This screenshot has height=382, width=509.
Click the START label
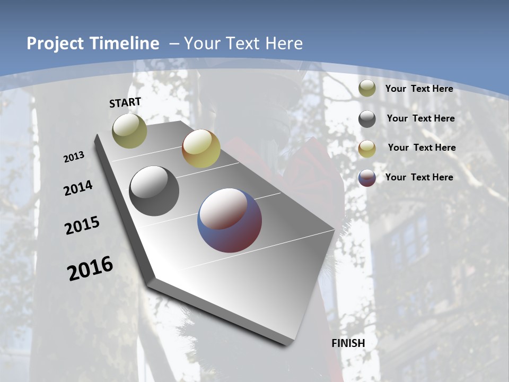tap(125, 102)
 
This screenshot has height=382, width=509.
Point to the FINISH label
tap(348, 343)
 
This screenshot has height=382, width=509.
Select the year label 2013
tap(74, 157)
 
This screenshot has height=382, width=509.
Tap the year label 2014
tap(78, 188)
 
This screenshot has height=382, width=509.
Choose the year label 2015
tap(82, 226)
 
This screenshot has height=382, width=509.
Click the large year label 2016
tap(90, 268)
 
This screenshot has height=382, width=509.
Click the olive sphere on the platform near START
tap(129, 131)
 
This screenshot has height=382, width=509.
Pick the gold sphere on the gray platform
tap(201, 149)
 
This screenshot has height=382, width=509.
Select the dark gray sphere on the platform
tap(154, 191)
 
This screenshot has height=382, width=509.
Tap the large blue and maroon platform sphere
tap(230, 220)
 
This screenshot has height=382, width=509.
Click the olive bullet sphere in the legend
tap(367, 89)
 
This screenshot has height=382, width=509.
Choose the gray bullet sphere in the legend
tap(367, 119)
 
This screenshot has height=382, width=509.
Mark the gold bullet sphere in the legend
tap(367, 149)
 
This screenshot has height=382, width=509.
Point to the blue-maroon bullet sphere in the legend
tap(367, 178)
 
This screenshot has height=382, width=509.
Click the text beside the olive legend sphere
tap(419, 89)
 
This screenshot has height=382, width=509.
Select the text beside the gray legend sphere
tap(420, 118)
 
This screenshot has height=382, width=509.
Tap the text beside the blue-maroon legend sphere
tap(419, 177)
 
